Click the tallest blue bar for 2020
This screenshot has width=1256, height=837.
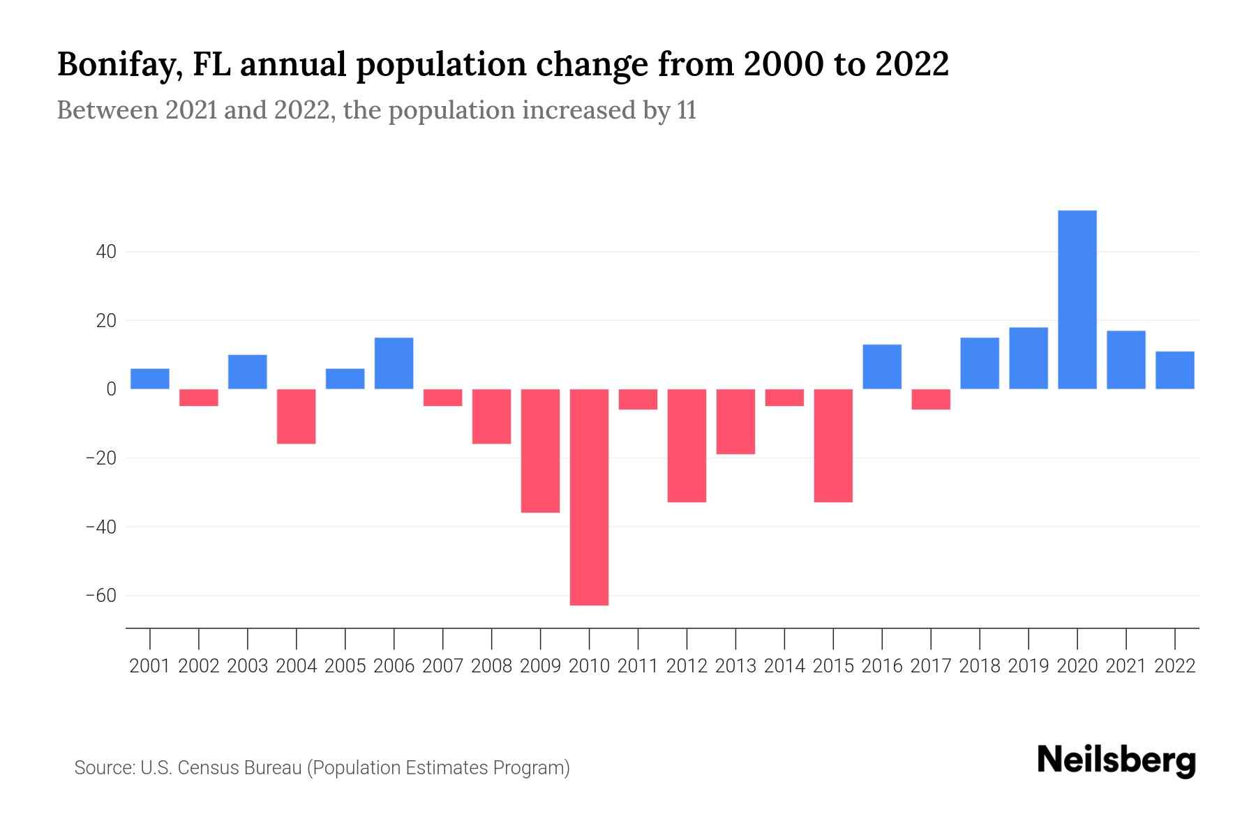(1077, 300)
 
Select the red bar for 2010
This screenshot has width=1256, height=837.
(589, 497)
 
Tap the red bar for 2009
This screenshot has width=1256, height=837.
(540, 451)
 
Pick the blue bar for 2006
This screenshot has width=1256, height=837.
(394, 363)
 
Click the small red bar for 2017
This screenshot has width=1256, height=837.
(930, 399)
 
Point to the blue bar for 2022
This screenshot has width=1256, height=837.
(1174, 370)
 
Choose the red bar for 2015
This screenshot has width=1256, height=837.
(833, 445)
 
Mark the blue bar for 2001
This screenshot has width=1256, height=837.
(150, 379)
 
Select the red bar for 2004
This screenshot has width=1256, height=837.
(296, 416)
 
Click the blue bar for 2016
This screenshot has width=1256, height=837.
(882, 367)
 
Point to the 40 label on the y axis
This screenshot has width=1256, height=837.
(105, 252)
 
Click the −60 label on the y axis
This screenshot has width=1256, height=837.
(101, 596)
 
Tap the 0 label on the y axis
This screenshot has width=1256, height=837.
(111, 389)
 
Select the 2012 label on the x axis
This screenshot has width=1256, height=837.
(687, 666)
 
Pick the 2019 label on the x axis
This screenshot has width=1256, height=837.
(1028, 666)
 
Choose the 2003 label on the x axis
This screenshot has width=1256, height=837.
(248, 666)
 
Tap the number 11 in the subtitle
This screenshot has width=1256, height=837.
(686, 111)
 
